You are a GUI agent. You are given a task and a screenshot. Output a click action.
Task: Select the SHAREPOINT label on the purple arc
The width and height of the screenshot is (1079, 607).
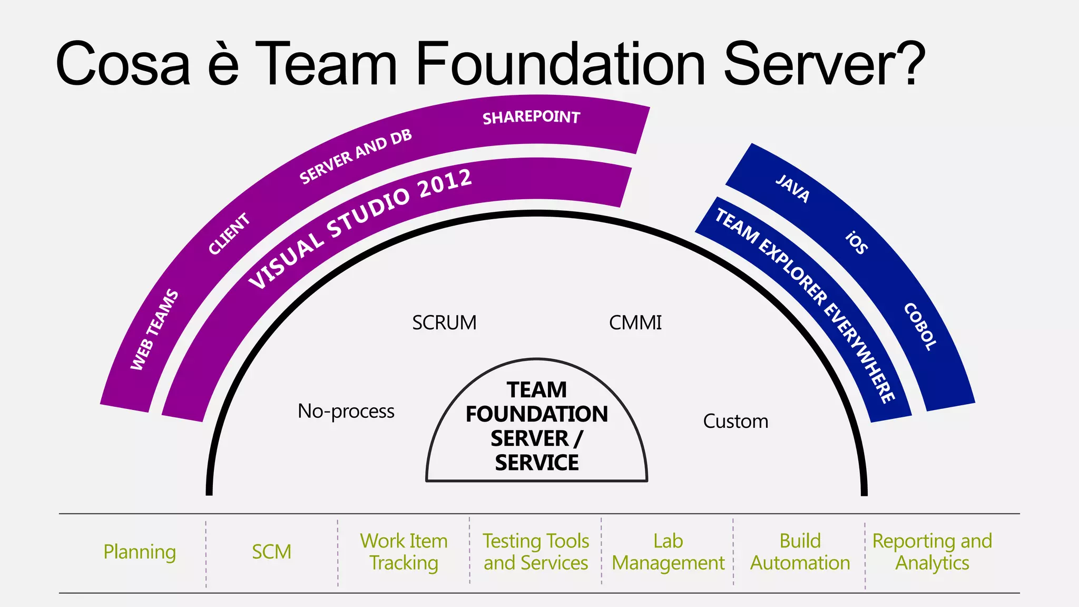pos(531,117)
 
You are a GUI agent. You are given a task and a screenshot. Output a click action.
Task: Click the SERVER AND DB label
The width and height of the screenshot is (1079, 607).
pos(356,156)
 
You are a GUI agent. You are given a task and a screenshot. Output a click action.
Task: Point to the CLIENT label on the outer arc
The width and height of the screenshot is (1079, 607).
pos(229,233)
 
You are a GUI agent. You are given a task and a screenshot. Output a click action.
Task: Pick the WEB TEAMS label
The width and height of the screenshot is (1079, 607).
pos(154,329)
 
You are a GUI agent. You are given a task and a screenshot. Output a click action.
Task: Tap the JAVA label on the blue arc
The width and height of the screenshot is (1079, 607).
pos(792,188)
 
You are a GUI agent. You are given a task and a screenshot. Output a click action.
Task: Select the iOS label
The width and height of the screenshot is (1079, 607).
pos(857,242)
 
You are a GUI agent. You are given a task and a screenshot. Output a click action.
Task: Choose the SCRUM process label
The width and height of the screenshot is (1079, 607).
pos(444,322)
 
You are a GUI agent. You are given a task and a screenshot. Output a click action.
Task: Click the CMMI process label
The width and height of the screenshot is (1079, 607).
pos(635,322)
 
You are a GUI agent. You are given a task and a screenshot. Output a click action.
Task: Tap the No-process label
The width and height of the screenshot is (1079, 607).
pos(346,411)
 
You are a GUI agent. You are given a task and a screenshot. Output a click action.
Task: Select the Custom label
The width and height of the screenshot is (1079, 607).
pos(735,422)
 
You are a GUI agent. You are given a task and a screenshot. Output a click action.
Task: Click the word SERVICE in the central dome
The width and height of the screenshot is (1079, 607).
pos(536,463)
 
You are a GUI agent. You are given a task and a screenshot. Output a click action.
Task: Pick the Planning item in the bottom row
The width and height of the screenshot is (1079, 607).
pos(140,552)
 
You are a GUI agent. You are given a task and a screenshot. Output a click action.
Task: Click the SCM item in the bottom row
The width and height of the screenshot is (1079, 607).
pos(271,552)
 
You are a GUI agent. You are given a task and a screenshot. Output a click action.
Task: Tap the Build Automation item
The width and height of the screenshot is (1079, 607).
pos(800,552)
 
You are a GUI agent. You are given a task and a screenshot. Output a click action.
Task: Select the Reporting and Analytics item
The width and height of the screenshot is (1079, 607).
pos(932,552)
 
